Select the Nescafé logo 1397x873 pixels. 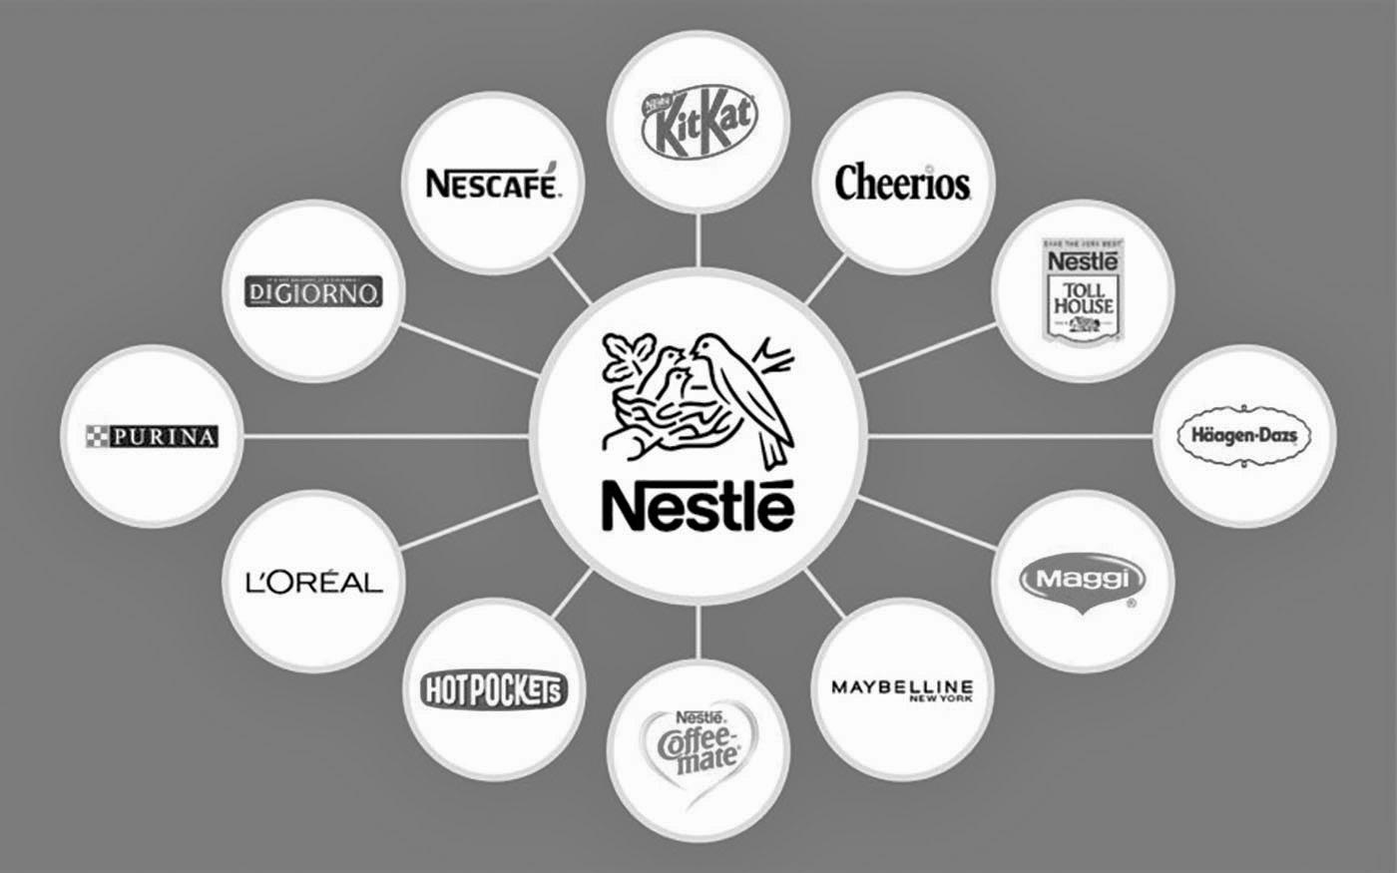pos(493,184)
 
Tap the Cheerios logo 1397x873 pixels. pos(902,183)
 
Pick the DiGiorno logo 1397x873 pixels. pos(312,291)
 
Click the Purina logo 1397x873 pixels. pos(152,436)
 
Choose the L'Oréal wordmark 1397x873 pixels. pos(313,581)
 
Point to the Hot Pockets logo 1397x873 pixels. pos(494,688)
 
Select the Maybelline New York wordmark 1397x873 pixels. pos(902,688)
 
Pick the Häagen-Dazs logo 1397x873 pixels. pos(1244,436)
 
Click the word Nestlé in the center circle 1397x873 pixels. pos(698,506)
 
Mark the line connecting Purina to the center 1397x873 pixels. pos(384,436)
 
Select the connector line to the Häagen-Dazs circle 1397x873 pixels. pos(1008,436)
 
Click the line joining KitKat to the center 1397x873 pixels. pos(698,239)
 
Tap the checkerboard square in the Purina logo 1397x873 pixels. pos(98,436)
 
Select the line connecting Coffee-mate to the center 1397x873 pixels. pos(698,629)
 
